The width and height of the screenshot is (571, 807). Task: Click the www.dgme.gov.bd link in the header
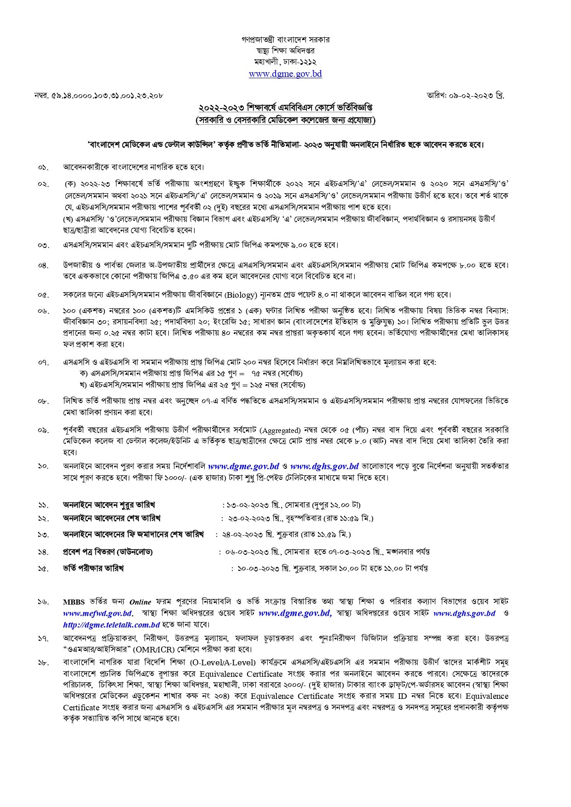pos(285,74)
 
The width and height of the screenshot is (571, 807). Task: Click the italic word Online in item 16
pos(140,602)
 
